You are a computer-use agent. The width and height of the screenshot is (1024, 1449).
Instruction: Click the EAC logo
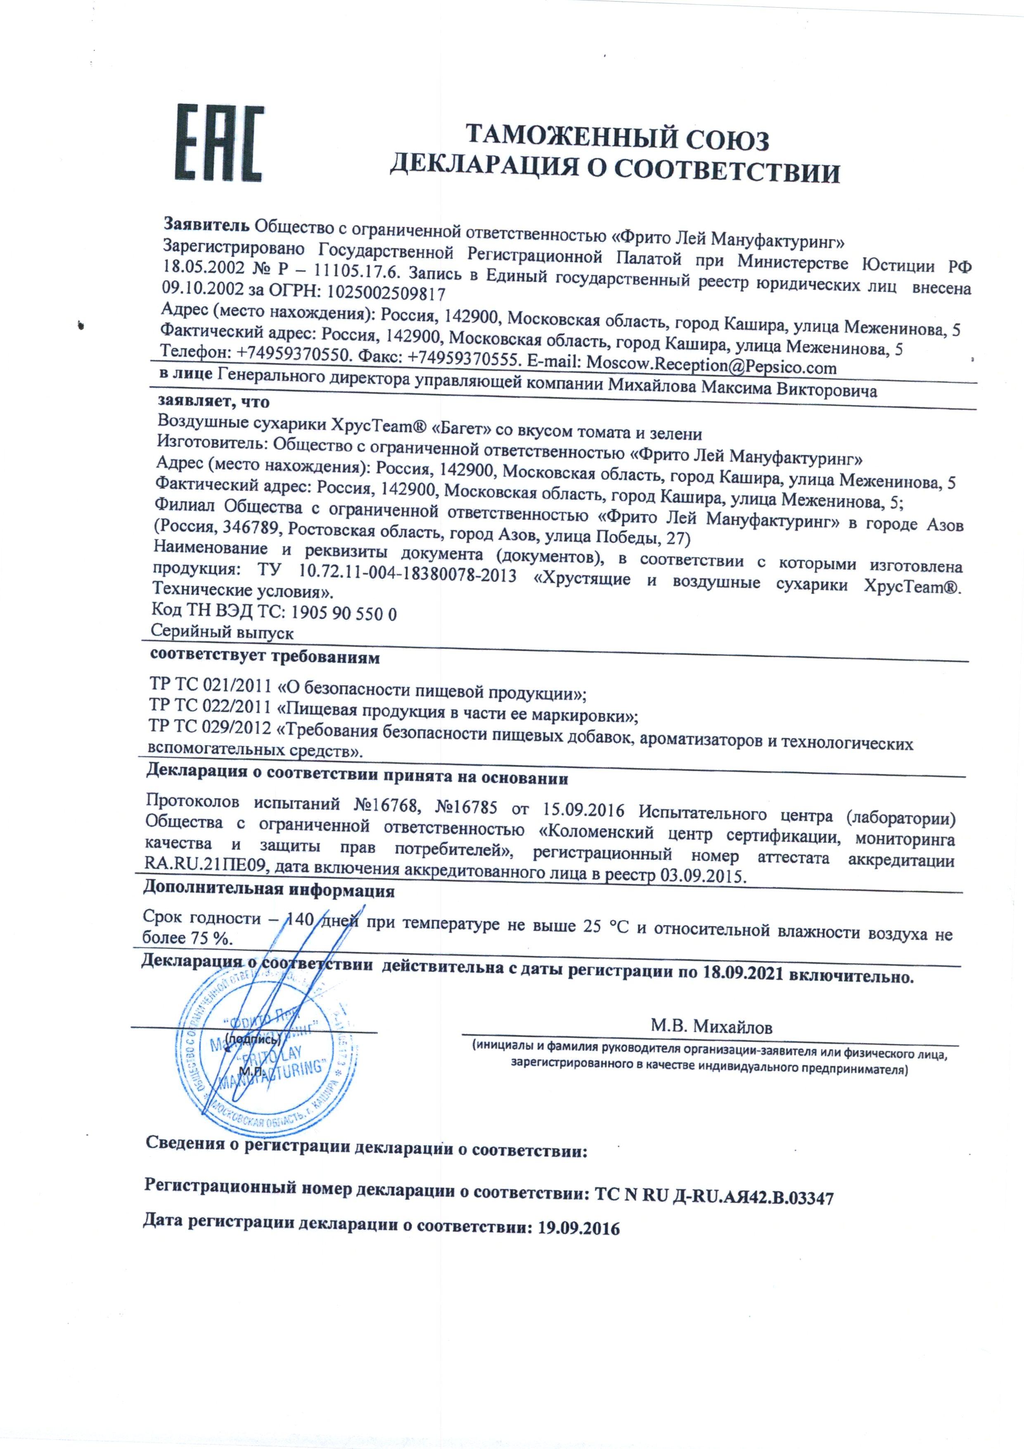(x=218, y=142)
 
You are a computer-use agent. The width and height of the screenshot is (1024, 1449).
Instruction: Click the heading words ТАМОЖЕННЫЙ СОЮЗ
(x=616, y=139)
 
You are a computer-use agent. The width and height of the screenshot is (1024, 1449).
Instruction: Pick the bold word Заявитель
(x=208, y=224)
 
